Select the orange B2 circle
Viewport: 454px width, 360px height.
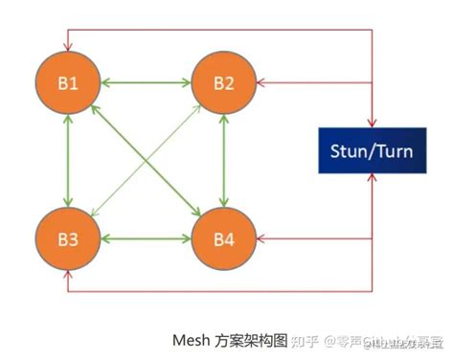pos(223,81)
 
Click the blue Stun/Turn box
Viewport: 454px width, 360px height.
pos(371,148)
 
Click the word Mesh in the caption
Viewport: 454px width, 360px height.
pos(191,339)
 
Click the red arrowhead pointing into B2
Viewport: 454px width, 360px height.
pos(261,82)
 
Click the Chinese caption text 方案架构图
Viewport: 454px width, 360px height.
pos(252,339)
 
